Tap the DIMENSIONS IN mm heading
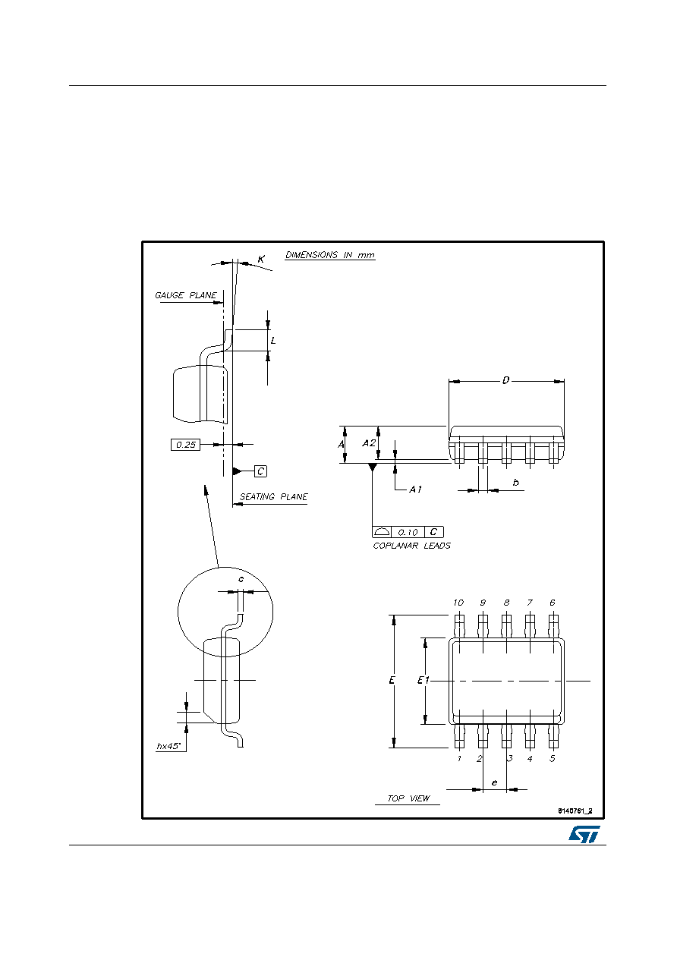pyautogui.click(x=329, y=255)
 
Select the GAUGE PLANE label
pyautogui.click(x=186, y=295)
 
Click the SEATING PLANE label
pyautogui.click(x=273, y=496)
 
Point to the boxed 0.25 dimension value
pyautogui.click(x=185, y=445)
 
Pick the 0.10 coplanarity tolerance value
pyautogui.click(x=408, y=532)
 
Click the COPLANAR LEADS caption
pyautogui.click(x=411, y=546)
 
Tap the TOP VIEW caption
pyautogui.click(x=408, y=798)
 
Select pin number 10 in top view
pyautogui.click(x=458, y=603)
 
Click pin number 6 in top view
pyautogui.click(x=553, y=603)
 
